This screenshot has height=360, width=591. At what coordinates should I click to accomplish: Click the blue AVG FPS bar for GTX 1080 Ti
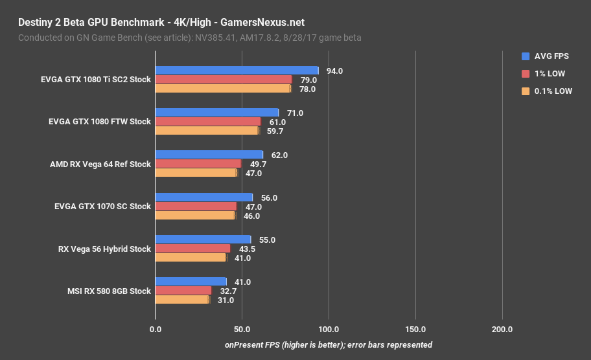[237, 71]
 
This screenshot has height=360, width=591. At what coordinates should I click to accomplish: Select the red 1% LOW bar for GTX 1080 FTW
[207, 122]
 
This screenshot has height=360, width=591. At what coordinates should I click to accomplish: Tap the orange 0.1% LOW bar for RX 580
[182, 300]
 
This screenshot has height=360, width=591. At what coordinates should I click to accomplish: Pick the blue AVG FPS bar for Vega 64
[209, 155]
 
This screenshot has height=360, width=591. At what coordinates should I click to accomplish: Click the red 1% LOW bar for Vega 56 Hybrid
[192, 249]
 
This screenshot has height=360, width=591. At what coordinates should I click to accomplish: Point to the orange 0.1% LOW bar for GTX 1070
[195, 215]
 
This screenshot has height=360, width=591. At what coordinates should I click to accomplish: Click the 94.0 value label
[334, 71]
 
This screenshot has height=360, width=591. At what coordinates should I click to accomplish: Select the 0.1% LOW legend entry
[548, 91]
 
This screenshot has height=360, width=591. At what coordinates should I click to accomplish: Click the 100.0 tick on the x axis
[329, 330]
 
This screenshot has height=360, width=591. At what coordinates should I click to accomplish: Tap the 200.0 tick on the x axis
[502, 330]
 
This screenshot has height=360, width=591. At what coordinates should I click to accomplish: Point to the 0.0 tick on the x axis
[156, 330]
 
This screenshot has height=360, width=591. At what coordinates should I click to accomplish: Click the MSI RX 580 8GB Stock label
[109, 291]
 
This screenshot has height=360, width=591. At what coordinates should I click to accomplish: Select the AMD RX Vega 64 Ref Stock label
[100, 164]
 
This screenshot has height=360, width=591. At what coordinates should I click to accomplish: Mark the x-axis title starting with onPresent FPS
[329, 344]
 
